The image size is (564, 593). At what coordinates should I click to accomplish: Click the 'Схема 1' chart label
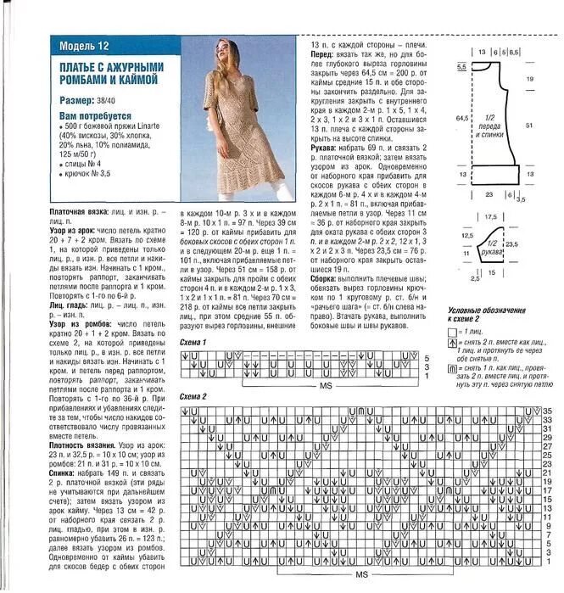point(194,340)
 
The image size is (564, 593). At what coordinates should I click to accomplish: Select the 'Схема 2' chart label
point(194,396)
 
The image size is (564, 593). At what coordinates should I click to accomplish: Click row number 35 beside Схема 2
point(548,411)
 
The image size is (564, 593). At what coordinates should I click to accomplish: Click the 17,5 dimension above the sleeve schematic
point(490,217)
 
